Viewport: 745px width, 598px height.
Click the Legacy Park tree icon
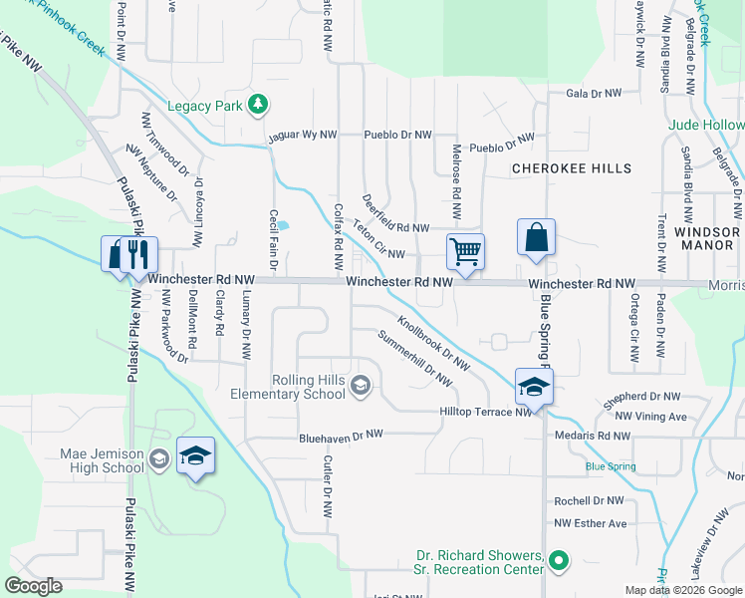pos(258,103)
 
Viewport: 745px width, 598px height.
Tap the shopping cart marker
pos(465,252)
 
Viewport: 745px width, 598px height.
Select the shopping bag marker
pos(536,239)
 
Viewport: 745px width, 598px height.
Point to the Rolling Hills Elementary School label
pos(311,387)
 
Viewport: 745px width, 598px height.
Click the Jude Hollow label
pos(707,126)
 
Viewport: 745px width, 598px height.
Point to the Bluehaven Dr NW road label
pos(342,436)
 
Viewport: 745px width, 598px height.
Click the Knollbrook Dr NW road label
pos(433,343)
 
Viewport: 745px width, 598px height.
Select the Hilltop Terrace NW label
pos(485,411)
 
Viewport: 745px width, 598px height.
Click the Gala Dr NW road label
pos(593,94)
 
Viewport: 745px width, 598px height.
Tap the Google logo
pos(33,586)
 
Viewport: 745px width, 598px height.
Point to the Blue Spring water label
pos(610,466)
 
